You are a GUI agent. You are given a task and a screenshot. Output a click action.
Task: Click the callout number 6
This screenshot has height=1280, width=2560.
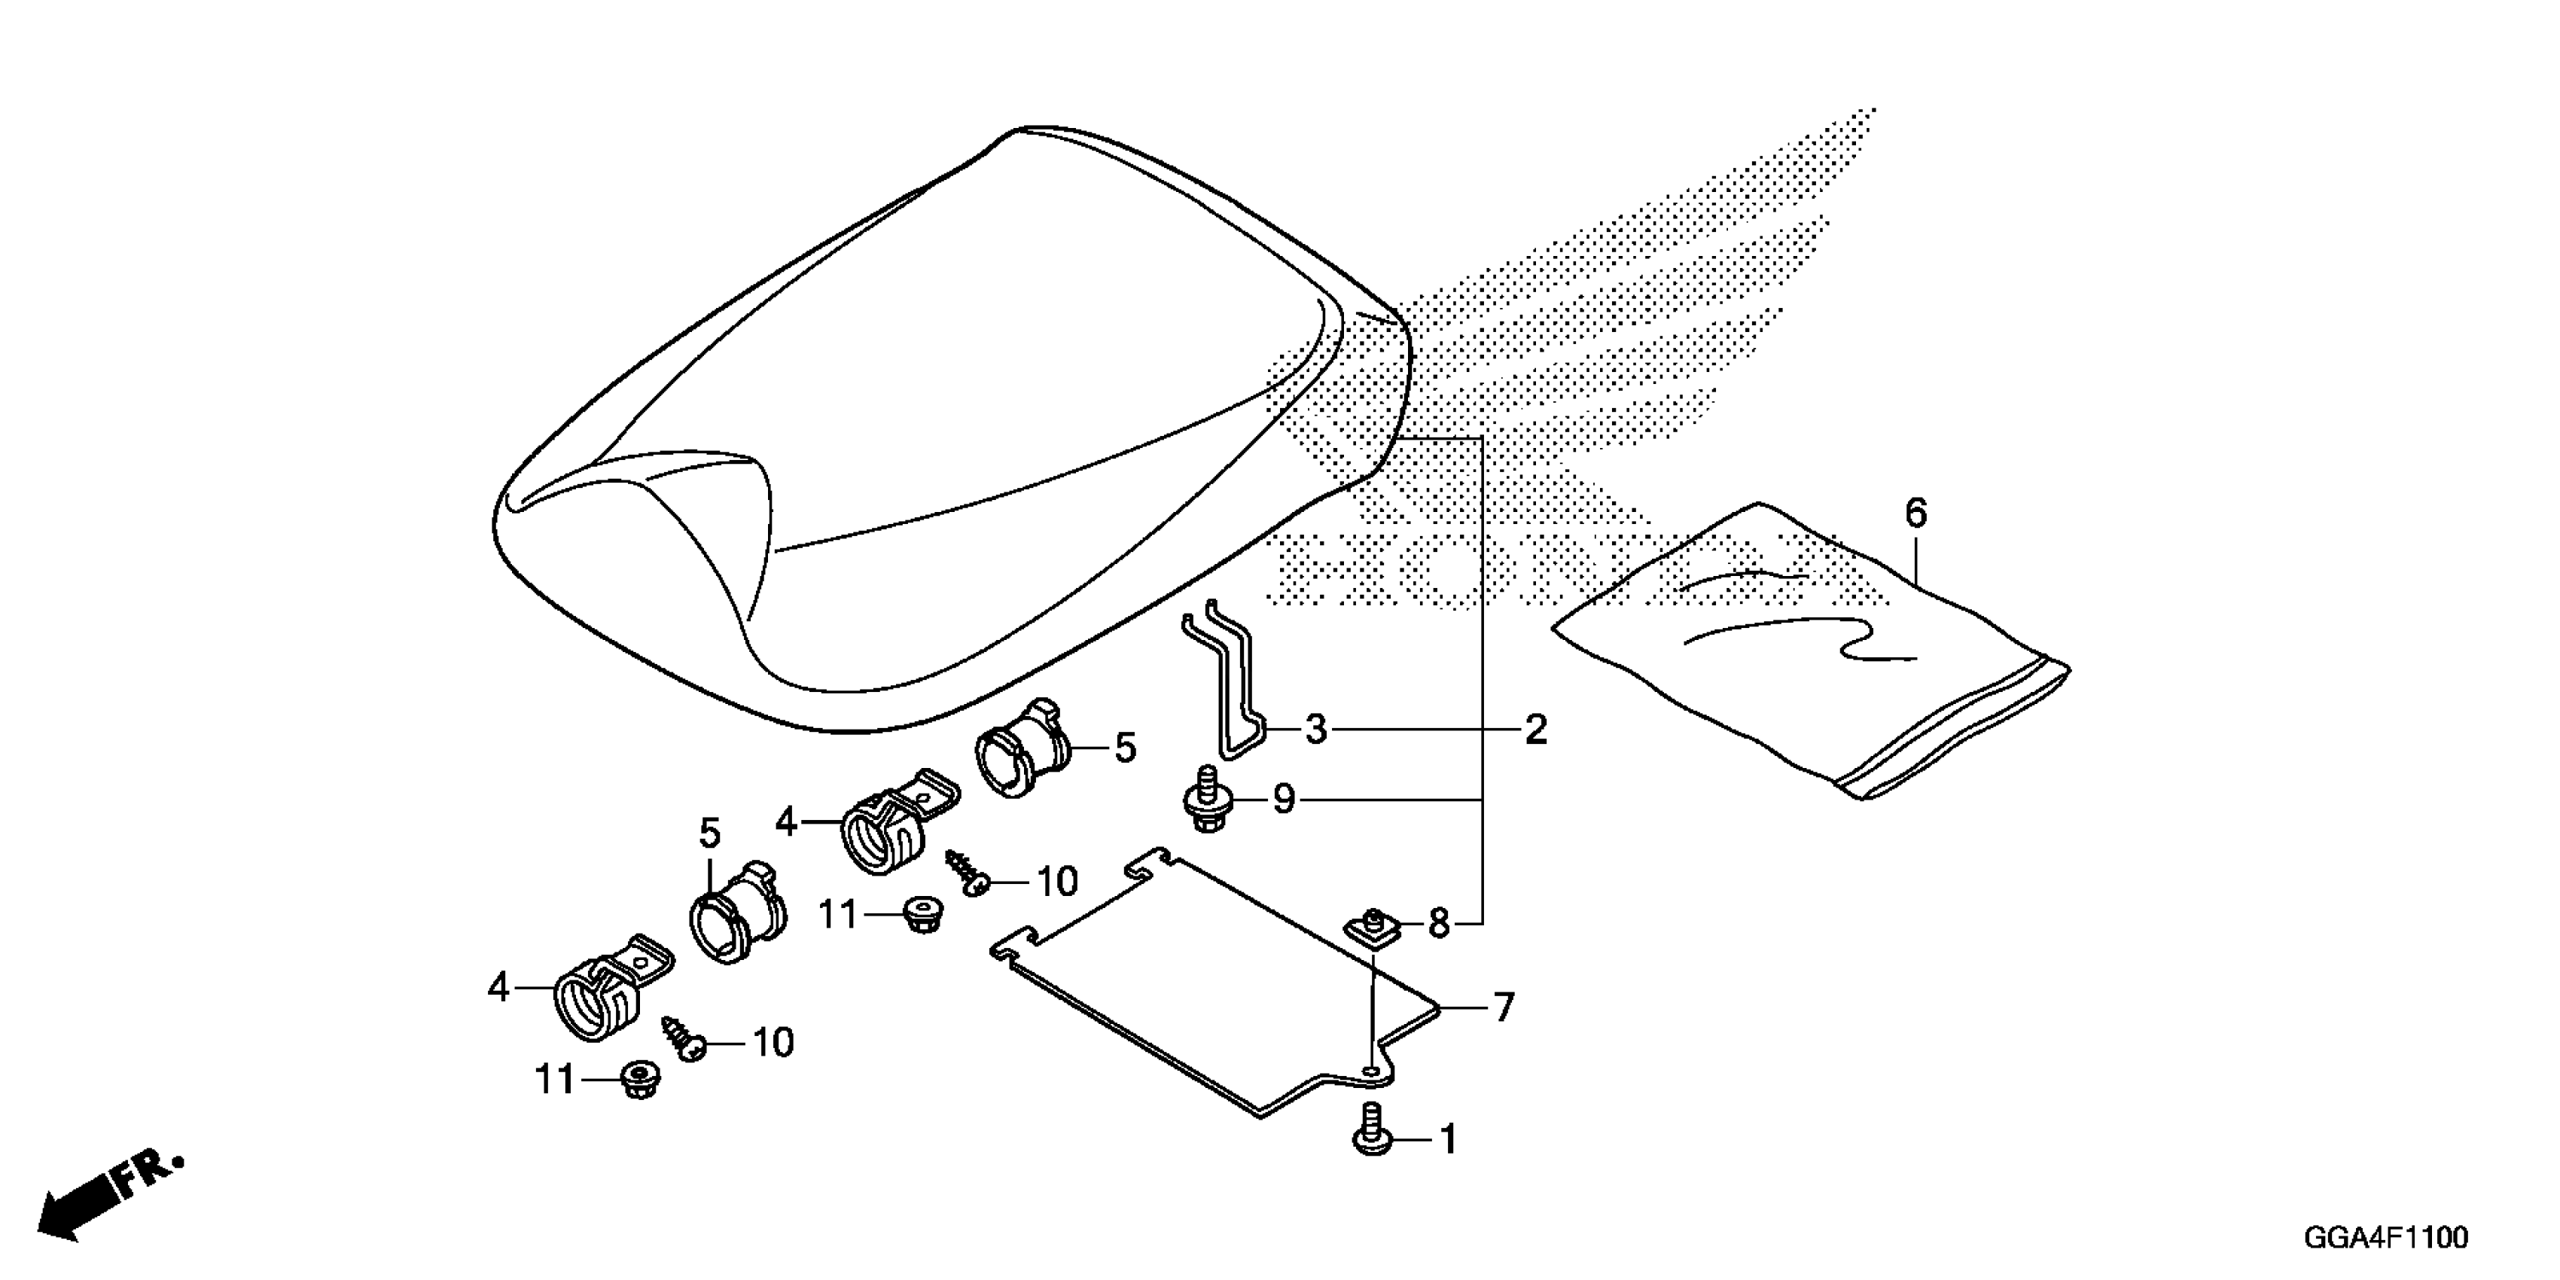tap(1915, 514)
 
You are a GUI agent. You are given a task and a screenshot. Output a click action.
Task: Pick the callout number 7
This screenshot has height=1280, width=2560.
tap(1504, 1007)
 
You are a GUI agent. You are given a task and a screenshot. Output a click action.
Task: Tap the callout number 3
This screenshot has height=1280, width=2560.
tap(1316, 730)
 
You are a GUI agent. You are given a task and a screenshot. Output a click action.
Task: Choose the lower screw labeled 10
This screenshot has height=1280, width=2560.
tap(683, 1037)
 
